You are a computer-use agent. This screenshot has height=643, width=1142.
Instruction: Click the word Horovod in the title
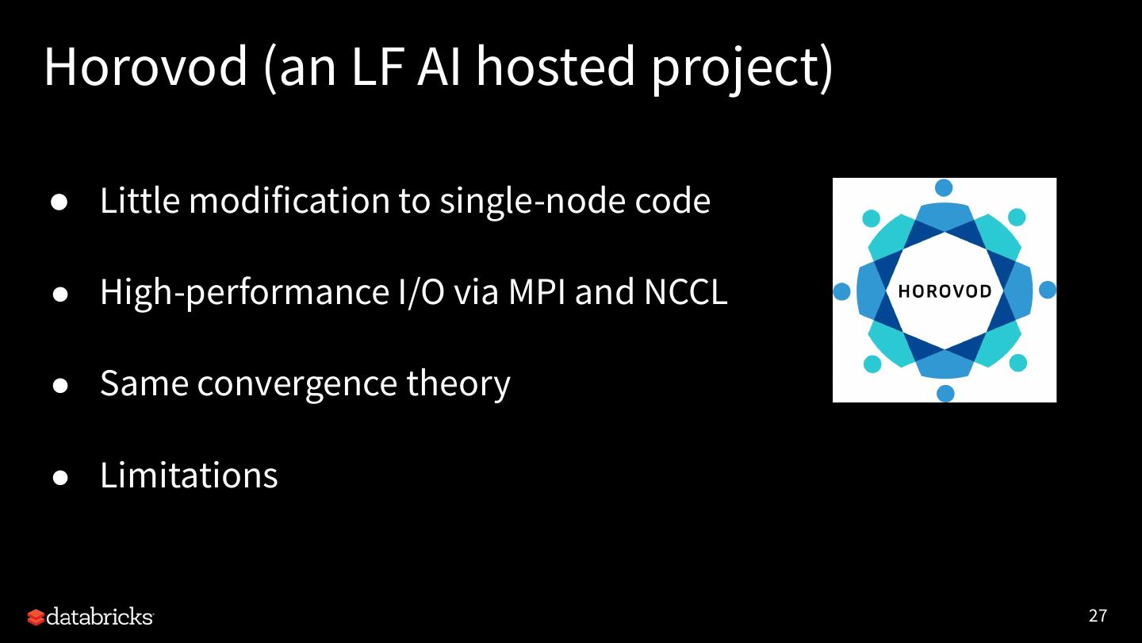click(x=146, y=67)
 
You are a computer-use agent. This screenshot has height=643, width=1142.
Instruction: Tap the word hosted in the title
click(x=555, y=67)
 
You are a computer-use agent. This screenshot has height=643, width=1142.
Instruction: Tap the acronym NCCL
click(x=685, y=292)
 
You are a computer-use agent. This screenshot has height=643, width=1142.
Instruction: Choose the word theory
click(x=458, y=384)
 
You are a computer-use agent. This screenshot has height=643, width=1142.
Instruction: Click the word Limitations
click(x=189, y=475)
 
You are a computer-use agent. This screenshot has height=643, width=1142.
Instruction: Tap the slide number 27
click(x=1098, y=616)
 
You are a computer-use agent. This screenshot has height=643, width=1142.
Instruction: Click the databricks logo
click(x=90, y=617)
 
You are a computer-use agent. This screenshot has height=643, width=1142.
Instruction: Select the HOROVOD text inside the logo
click(x=945, y=291)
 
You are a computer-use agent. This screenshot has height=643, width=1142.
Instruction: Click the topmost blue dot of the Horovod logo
click(x=944, y=188)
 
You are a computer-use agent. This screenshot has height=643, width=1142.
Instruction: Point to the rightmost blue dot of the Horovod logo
click(x=1047, y=290)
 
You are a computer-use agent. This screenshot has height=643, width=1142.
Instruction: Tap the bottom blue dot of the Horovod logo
click(x=945, y=393)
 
